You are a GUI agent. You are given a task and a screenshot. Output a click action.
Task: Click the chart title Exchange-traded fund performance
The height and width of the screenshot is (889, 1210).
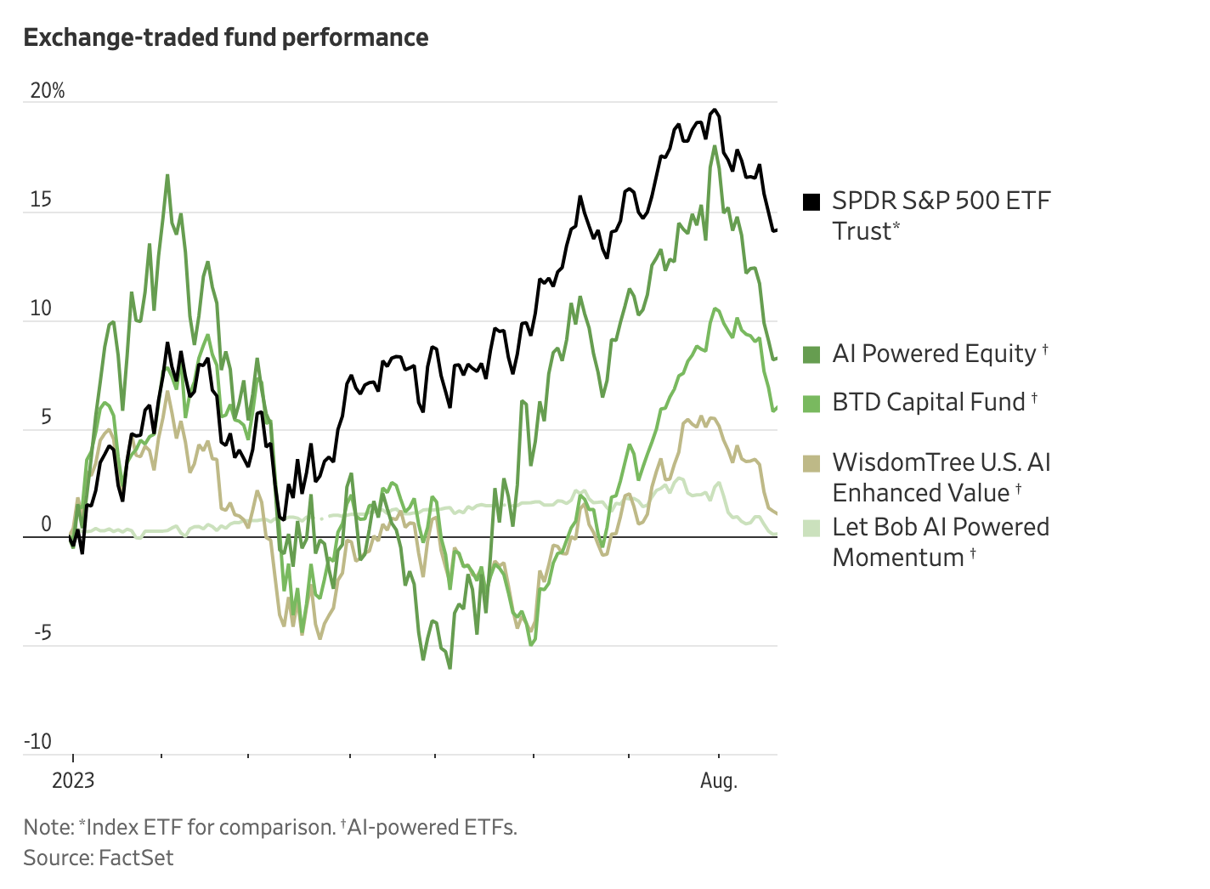(226, 38)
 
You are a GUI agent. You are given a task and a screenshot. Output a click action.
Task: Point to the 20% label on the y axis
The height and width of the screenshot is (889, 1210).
(48, 91)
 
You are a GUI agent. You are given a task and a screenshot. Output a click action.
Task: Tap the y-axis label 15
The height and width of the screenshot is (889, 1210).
(41, 200)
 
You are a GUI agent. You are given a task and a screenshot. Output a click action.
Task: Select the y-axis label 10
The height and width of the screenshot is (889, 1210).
(41, 309)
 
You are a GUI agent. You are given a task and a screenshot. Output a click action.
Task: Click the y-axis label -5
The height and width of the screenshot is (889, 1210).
(42, 633)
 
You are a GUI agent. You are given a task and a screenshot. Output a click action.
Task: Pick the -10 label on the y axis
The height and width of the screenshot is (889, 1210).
(38, 741)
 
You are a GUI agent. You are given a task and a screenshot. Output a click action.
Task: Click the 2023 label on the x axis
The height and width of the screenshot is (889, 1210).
(73, 780)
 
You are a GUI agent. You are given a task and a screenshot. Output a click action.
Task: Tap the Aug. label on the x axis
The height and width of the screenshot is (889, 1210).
(719, 780)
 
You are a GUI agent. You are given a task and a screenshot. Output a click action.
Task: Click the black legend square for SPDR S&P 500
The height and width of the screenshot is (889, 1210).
(811, 201)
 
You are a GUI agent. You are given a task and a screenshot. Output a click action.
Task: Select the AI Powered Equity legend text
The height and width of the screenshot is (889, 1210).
(934, 354)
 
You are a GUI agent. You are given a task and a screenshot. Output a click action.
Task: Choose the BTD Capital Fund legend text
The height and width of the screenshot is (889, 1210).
(929, 402)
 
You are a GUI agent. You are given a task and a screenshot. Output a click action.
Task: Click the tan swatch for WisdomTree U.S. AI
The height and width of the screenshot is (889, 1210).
(811, 463)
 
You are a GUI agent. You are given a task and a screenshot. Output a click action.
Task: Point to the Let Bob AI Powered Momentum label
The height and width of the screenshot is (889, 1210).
(941, 542)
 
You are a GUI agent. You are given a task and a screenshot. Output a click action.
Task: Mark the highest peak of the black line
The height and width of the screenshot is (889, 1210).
(715, 110)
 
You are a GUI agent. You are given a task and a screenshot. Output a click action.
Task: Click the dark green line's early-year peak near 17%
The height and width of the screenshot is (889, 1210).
(167, 175)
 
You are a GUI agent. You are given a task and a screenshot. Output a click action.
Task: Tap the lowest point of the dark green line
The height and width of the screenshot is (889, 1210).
(450, 668)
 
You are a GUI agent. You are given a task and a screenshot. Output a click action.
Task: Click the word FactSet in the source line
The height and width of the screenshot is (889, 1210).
(136, 858)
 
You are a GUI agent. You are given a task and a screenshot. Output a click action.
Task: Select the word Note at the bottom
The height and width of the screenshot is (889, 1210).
(48, 827)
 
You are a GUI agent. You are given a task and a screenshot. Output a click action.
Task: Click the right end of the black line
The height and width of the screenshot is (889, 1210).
(776, 229)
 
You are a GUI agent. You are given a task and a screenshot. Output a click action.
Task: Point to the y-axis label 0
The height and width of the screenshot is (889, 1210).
(47, 525)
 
